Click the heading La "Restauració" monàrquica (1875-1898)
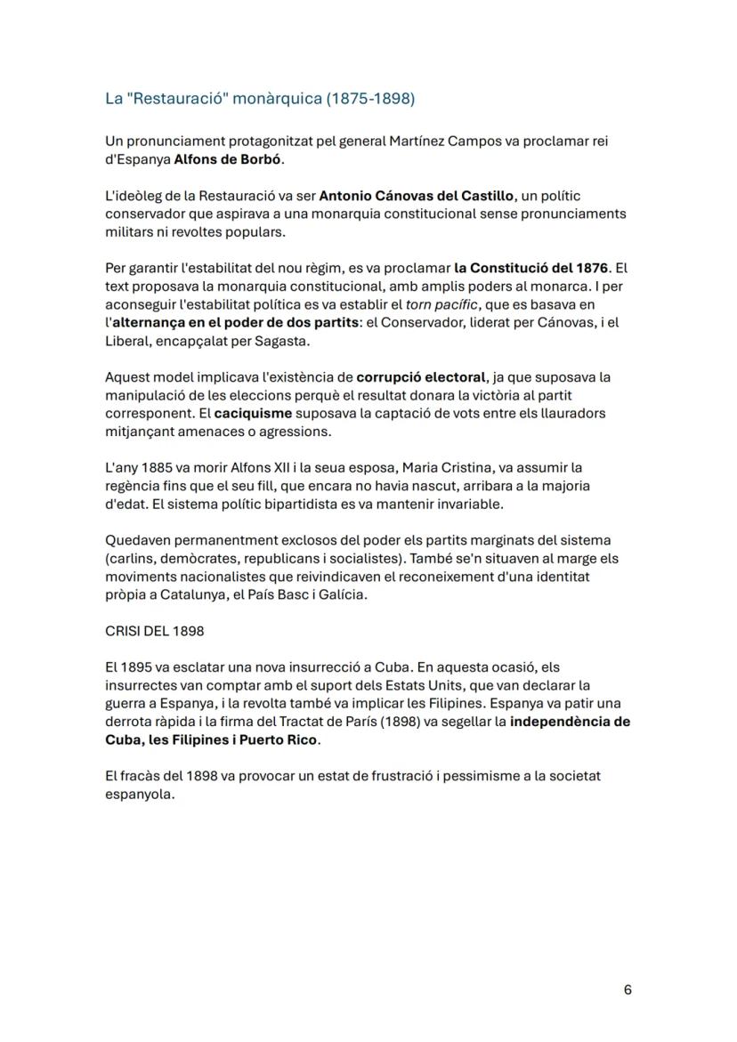pos(260,99)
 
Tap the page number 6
pos(628,989)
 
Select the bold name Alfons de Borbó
pos(229,159)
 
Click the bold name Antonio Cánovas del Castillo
pos(417,195)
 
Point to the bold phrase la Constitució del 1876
pos(531,268)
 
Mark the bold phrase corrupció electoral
pos(421,376)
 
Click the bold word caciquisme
pos(247,413)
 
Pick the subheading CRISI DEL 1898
pos(154,631)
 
